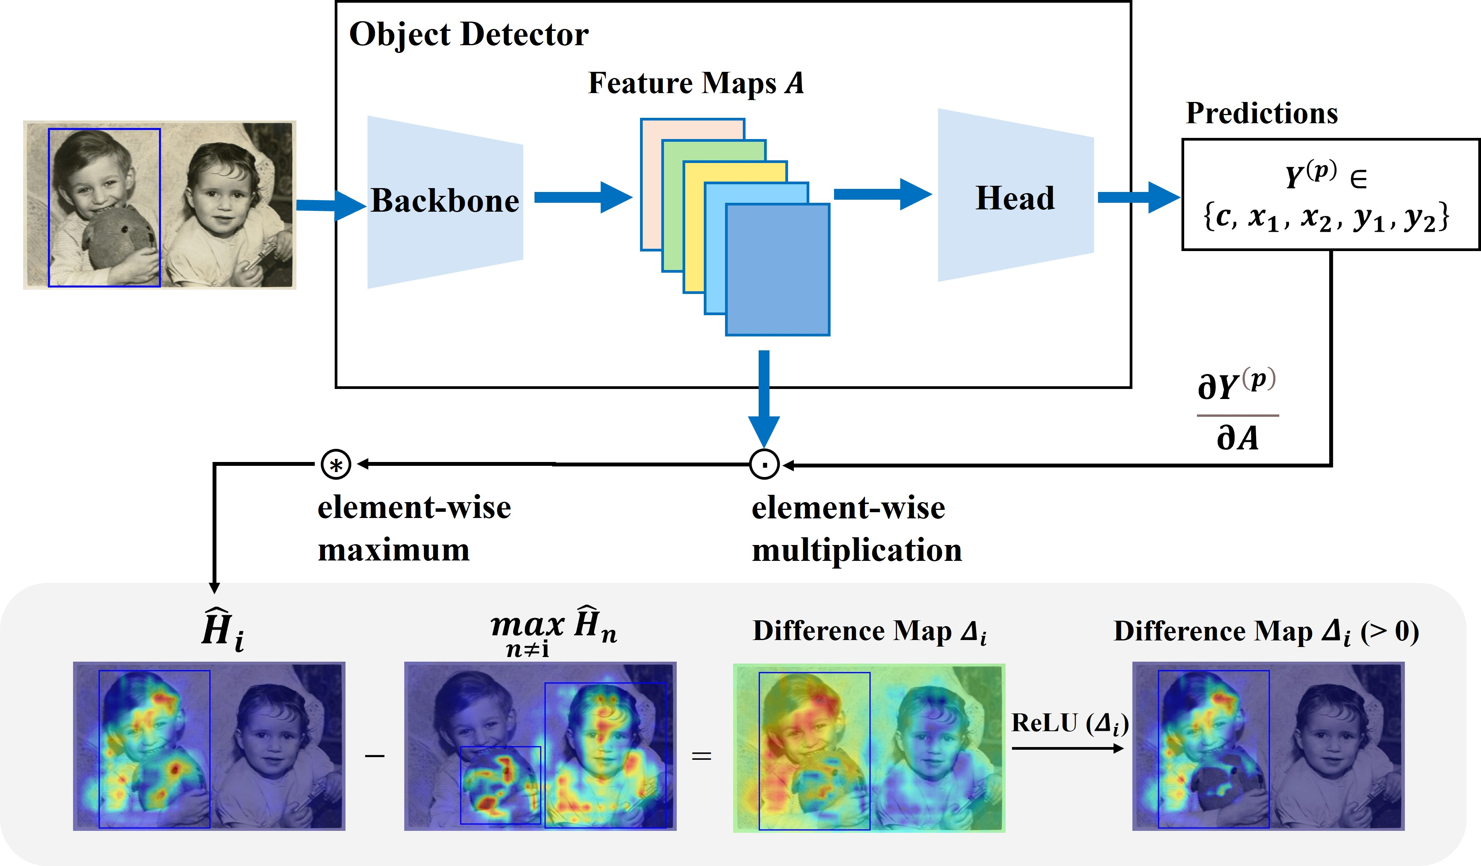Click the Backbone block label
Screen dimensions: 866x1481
[x=445, y=201]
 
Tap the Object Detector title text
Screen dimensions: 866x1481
[x=468, y=34]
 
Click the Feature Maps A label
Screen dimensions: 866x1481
[x=695, y=83]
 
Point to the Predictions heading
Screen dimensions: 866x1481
[x=1261, y=113]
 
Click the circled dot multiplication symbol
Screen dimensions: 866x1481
[x=764, y=465]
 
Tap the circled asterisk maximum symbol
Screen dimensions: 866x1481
[x=335, y=465]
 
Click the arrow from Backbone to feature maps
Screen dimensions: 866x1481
[x=582, y=197]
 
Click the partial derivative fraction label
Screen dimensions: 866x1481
[x=1237, y=411]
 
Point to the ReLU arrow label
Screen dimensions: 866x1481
[x=1069, y=724]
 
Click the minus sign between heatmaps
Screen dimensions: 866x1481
[x=375, y=756]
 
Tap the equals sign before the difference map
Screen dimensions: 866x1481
[x=701, y=756]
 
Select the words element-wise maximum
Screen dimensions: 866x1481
[x=414, y=528]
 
